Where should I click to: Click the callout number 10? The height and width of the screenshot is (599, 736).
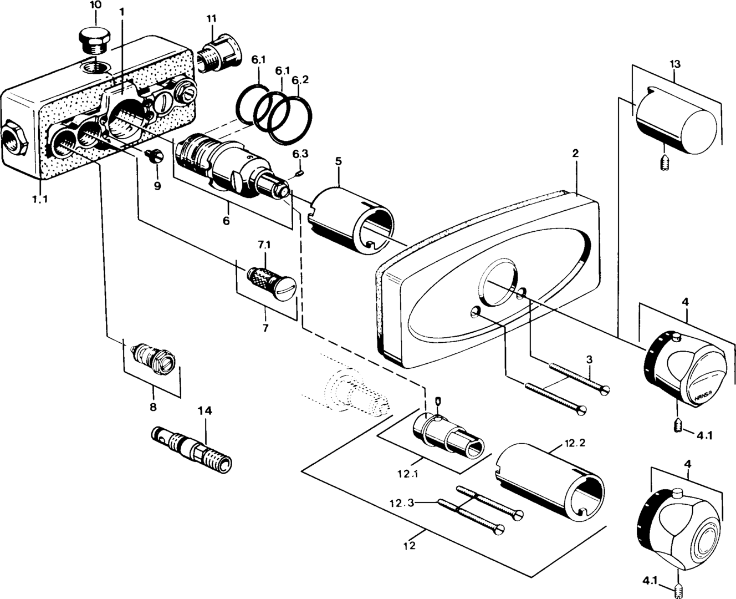tap(95, 5)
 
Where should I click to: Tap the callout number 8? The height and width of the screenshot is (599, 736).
tap(152, 407)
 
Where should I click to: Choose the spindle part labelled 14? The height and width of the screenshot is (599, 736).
tap(191, 449)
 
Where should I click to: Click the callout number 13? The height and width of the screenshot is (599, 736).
tap(674, 63)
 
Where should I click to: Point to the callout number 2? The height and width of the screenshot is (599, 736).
tap(575, 153)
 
